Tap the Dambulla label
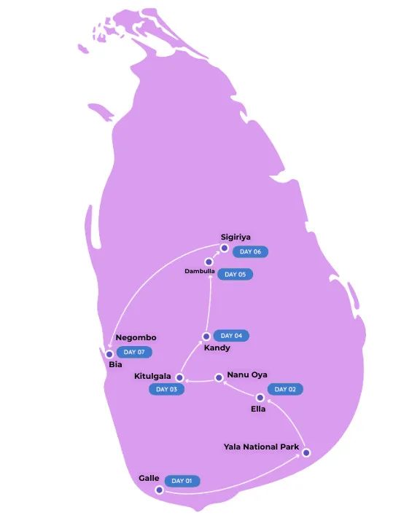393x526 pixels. pos(199,271)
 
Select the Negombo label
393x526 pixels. pos(136,337)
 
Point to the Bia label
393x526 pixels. pos(115,364)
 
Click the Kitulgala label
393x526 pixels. pos(152,377)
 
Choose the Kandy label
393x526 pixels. pos(217,348)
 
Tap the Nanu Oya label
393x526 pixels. pos(247,374)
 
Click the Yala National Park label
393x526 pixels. pos(261,446)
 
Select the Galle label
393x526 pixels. pos(149,478)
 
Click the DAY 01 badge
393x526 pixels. pos(182,481)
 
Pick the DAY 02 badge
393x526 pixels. pos(285,389)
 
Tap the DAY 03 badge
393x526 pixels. pos(167,389)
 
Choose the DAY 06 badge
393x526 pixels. pos(251,251)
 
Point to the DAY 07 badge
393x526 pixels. pos(135,352)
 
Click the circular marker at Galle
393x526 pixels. pos(159,490)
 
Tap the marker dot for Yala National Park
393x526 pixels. pos(306,452)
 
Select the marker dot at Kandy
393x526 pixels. pos(206,336)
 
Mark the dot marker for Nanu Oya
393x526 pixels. pos(218,377)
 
